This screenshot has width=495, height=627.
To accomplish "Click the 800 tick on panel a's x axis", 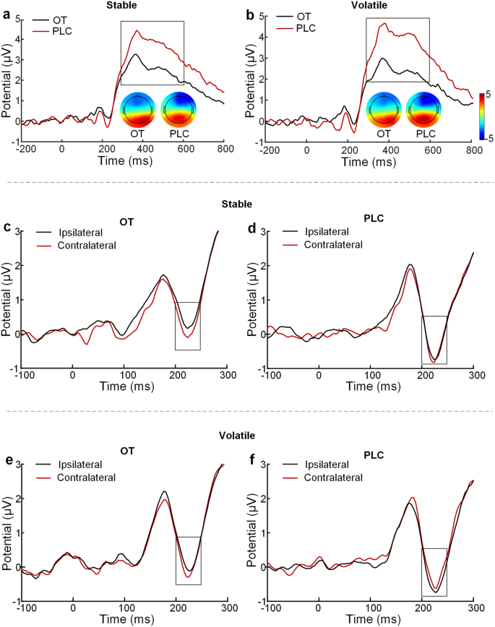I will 225,149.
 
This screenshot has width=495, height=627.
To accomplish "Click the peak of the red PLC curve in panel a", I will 137,31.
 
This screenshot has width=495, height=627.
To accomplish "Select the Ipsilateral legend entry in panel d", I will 323,232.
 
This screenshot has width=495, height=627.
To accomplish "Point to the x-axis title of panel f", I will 371,620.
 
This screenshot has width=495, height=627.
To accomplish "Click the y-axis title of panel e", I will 7,532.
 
